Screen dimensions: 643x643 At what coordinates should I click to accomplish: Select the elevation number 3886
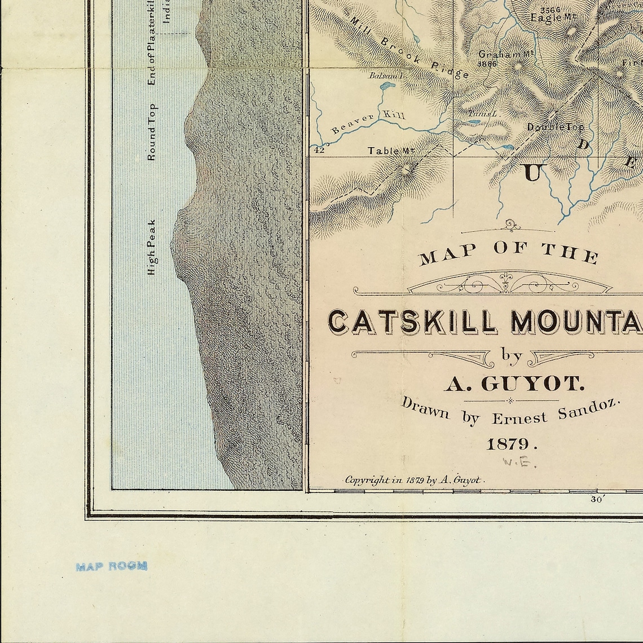coord(487,64)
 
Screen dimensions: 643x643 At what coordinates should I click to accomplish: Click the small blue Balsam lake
coord(386,87)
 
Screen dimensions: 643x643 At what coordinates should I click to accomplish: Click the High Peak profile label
coord(151,247)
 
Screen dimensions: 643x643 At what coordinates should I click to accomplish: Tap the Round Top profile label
coord(151,132)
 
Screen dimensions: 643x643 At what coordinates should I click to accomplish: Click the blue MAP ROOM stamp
coord(112,566)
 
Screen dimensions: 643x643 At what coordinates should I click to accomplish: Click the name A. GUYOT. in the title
coord(514,385)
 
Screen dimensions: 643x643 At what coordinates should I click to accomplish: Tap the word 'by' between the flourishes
coord(512,355)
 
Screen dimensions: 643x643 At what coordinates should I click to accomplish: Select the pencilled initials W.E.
coord(519,463)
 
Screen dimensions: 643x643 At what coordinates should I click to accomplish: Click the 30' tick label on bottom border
coord(597,499)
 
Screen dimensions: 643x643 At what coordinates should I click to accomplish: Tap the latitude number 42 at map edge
coord(319,150)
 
